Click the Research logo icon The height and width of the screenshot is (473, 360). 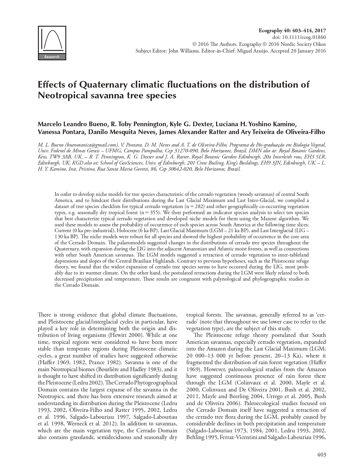(x=52, y=43)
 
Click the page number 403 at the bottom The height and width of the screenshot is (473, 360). (x=321, y=455)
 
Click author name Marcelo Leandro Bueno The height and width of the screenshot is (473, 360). (x=72, y=124)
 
